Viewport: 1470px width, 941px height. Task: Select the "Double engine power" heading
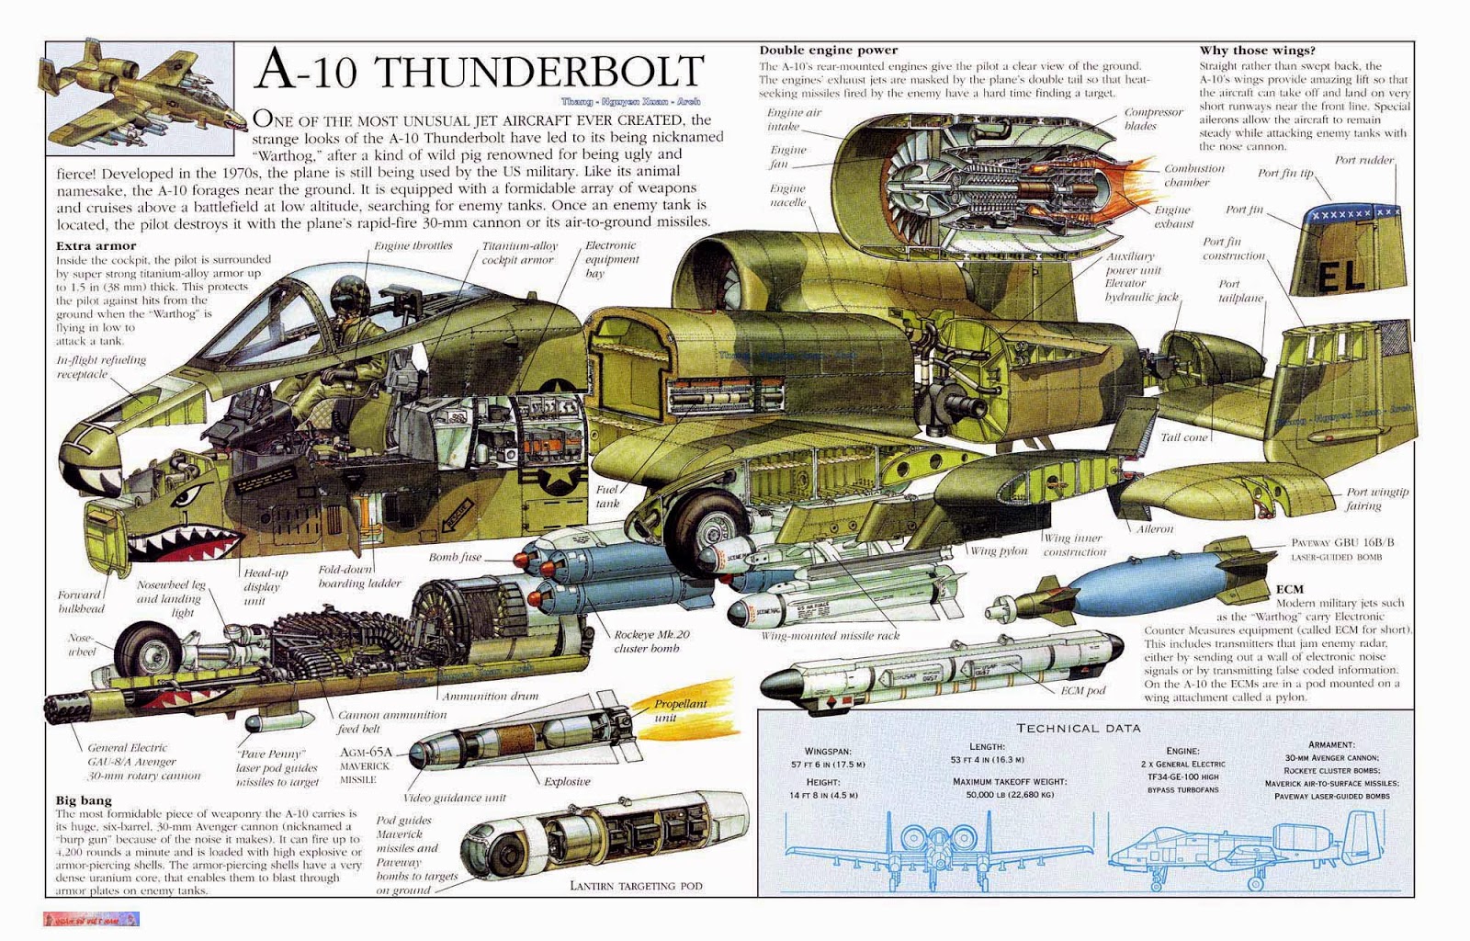(x=828, y=50)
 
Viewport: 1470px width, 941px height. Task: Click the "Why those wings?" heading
(x=1256, y=51)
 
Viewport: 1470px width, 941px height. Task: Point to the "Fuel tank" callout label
(x=607, y=496)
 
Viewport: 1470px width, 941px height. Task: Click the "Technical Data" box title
(x=1078, y=728)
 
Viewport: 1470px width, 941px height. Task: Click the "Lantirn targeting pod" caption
(x=636, y=886)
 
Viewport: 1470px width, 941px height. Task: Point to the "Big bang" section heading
(x=83, y=801)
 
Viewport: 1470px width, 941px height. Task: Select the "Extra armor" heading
(x=96, y=245)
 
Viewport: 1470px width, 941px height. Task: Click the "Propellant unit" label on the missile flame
(x=680, y=709)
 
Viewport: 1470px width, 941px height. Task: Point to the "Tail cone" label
(x=1183, y=437)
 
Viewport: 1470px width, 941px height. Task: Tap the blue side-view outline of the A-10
(x=1240, y=850)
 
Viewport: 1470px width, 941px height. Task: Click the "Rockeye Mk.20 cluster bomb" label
(x=651, y=641)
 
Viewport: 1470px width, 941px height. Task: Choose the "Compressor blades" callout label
(x=1153, y=119)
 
